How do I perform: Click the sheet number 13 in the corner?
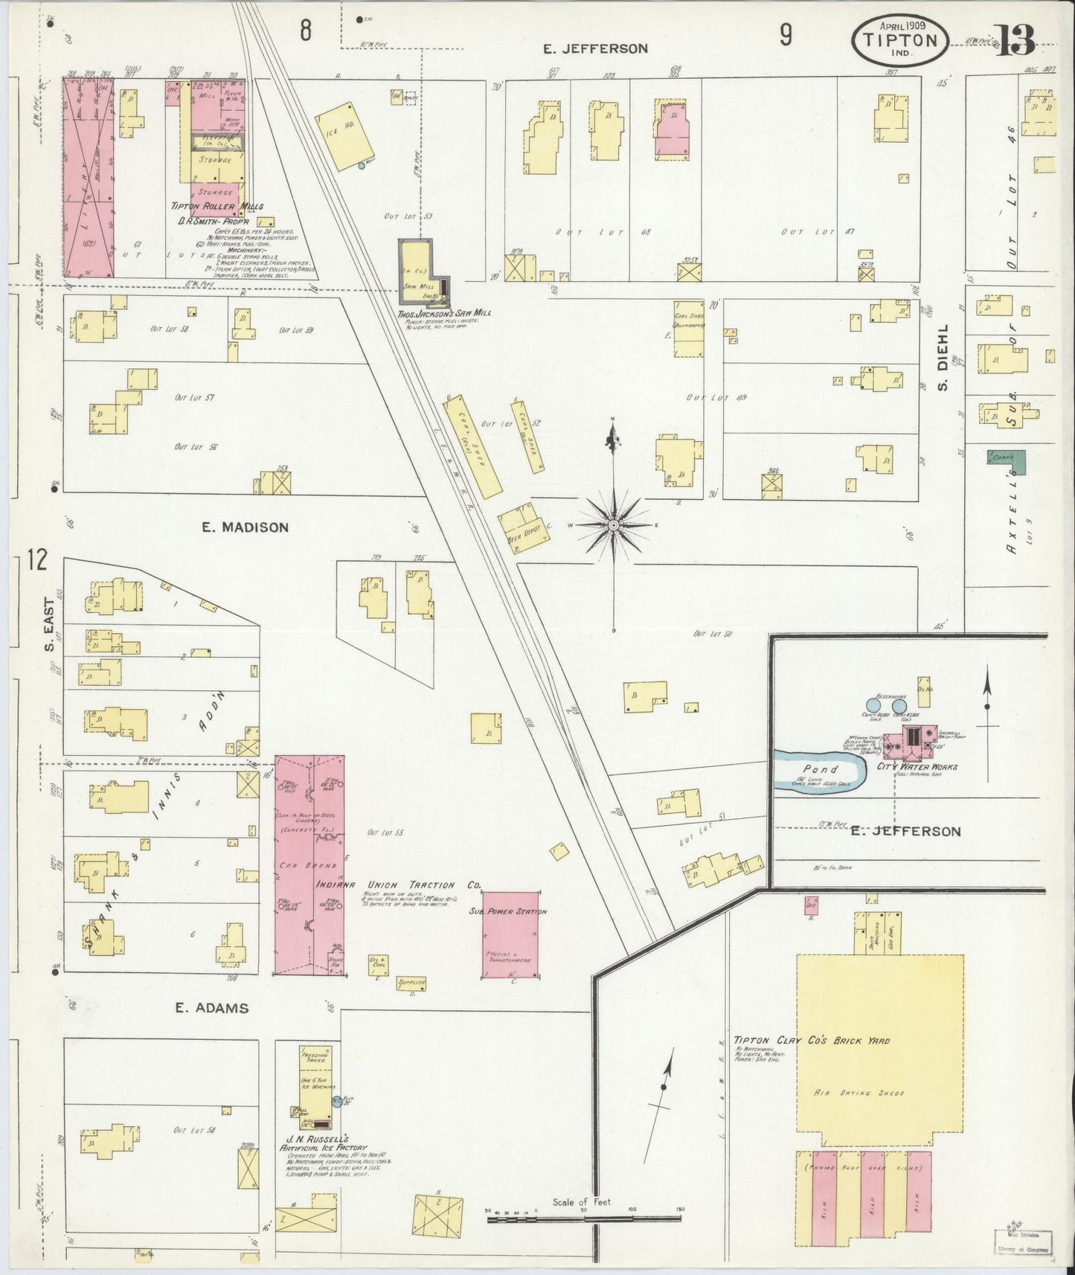coord(1015,41)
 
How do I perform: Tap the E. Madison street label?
coord(245,527)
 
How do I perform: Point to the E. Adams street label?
coord(211,1008)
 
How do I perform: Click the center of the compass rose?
coord(613,525)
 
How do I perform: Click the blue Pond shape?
coord(820,770)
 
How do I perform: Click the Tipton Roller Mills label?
coord(218,207)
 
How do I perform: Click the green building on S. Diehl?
coord(1006,460)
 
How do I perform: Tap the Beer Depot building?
coord(524,527)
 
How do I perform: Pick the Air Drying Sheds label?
coord(880,1093)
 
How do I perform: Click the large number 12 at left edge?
coord(37,559)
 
